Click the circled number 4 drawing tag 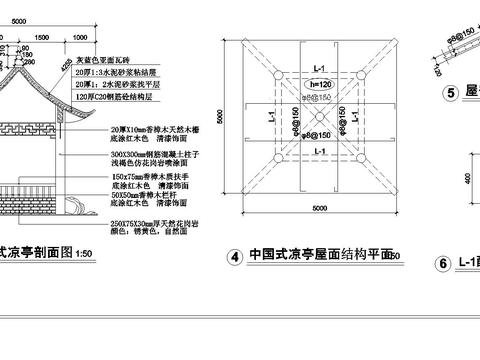(x=233, y=256)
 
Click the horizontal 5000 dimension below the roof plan (x=319, y=208)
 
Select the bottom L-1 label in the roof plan (x=319, y=150)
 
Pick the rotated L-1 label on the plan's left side (x=273, y=118)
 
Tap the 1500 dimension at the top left (x=39, y=35)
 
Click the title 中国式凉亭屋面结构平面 (x=319, y=254)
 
